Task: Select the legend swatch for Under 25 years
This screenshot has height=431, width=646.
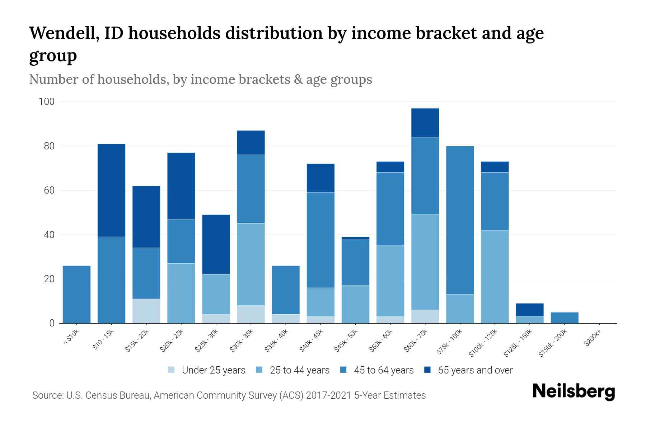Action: tap(172, 370)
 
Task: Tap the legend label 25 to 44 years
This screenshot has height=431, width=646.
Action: tap(299, 370)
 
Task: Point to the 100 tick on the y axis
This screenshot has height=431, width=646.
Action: tap(47, 102)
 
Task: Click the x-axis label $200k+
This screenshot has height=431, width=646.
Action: tap(592, 339)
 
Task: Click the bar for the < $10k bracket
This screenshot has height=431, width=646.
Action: tap(76, 295)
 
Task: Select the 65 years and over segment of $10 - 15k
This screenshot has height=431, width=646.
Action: tap(111, 190)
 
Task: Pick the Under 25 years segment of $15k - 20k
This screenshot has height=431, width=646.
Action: tap(146, 311)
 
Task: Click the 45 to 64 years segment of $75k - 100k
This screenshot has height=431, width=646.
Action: tap(460, 220)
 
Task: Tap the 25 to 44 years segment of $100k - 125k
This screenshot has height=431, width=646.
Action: tap(495, 277)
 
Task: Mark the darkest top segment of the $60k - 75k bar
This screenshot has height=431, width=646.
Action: tap(425, 123)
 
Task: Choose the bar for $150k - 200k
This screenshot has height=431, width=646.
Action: tap(564, 318)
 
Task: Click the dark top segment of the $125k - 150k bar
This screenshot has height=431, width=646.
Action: tap(529, 310)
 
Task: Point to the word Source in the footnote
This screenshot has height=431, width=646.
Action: tap(47, 395)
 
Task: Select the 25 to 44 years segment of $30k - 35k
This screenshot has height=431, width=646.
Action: tap(251, 264)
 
